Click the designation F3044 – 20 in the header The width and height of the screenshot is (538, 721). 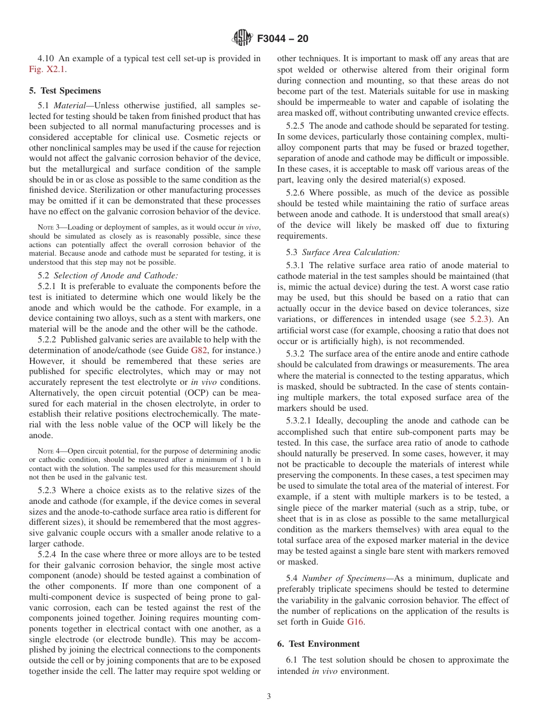pyautogui.click(x=283, y=39)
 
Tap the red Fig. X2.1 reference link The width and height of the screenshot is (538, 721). pyautogui.click(x=43, y=69)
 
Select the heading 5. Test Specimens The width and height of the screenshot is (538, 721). pyautogui.click(x=65, y=91)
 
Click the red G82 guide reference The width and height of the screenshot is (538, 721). pyautogui.click(x=199, y=350)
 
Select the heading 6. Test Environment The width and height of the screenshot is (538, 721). pyautogui.click(x=318, y=643)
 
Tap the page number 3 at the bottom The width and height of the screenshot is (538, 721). pyautogui.click(x=268, y=697)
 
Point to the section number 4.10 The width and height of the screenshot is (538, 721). pyautogui.click(x=46, y=58)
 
